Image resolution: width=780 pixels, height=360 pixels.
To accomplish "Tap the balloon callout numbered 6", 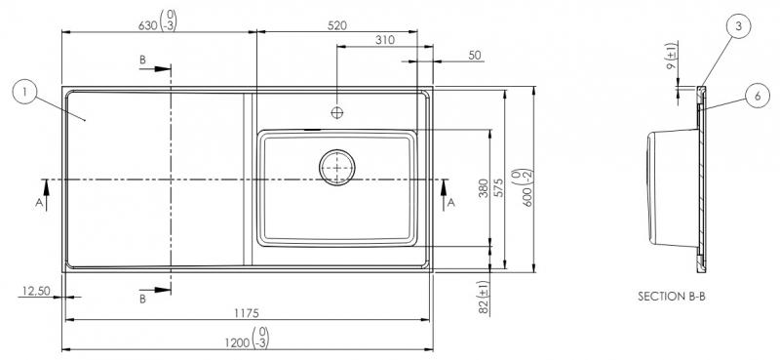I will click(757, 95).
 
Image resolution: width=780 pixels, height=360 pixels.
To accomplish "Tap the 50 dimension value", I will click(475, 57).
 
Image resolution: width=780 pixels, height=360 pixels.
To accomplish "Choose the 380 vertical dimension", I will click(484, 188).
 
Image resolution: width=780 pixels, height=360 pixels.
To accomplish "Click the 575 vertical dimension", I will click(497, 188).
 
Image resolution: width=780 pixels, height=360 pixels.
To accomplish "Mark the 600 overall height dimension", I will click(528, 182).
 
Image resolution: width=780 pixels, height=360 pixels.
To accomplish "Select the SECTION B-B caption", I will click(671, 296).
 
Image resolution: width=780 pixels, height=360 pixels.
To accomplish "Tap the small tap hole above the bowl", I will click(336, 112).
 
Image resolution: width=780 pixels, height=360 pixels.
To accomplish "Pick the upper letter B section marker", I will click(143, 60).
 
